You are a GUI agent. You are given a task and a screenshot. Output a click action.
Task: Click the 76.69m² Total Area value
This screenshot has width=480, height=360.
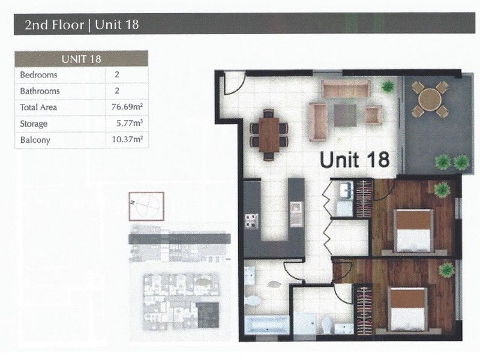click(x=127, y=108)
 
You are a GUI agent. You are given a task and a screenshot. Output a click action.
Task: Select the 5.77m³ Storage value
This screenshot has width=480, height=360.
click(x=129, y=124)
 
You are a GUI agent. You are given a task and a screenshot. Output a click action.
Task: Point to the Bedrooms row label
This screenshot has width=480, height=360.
click(x=38, y=76)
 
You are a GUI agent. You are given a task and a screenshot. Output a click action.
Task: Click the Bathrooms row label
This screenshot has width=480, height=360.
click(x=40, y=92)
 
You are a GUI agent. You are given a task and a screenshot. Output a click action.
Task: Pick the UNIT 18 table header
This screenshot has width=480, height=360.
click(x=81, y=59)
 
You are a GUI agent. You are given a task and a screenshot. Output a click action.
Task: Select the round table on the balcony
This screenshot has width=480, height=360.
click(x=428, y=100)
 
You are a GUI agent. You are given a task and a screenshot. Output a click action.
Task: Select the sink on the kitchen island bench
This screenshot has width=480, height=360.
click(x=296, y=209)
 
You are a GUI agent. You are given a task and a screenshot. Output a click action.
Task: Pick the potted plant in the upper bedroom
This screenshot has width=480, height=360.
click(x=443, y=188)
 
